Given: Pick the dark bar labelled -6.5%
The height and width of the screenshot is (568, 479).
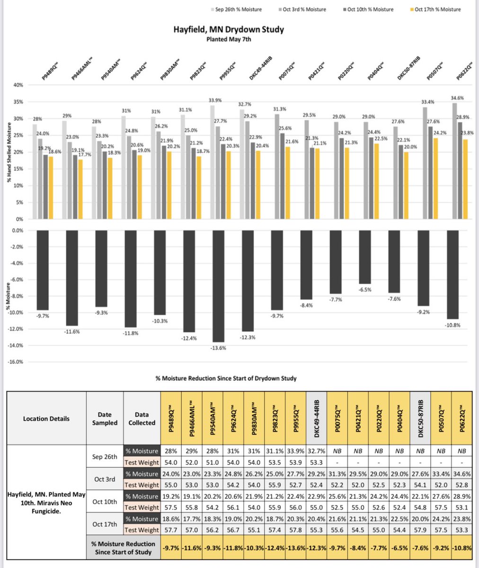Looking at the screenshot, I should (365, 257).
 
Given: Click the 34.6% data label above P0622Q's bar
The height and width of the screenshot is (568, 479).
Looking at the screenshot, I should (458, 98).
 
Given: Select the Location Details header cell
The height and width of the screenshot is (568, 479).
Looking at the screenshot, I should (46, 418).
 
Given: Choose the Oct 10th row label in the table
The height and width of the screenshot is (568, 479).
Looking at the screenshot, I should (105, 502).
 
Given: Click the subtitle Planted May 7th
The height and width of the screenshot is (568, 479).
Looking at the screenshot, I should (229, 40).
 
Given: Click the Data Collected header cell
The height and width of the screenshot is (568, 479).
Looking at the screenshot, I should (142, 418).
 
